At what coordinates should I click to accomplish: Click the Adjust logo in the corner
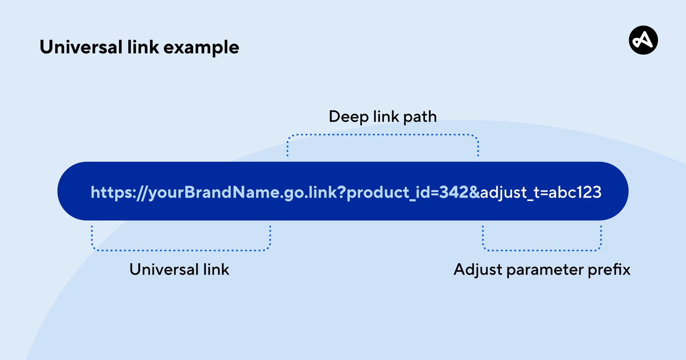point(643,40)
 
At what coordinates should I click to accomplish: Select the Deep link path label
point(383,117)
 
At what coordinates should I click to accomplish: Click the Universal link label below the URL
point(179,270)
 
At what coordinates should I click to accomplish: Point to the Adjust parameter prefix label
point(542,270)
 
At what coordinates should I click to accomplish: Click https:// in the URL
point(119,192)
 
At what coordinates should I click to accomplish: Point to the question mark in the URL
point(341,192)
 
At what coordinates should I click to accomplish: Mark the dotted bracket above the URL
point(383,135)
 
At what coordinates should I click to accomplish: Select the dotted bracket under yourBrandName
point(181,250)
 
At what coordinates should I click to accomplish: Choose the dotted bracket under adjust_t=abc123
point(542,250)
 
